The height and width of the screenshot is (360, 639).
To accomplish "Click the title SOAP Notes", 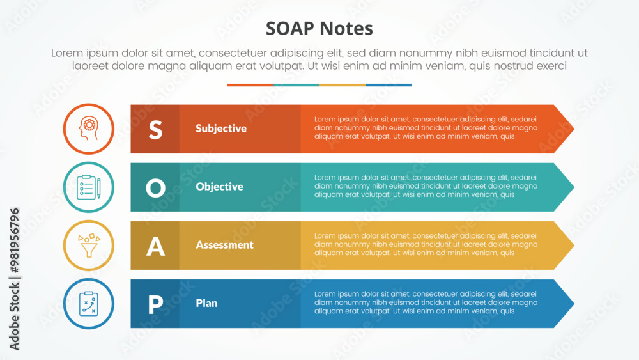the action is point(319,29).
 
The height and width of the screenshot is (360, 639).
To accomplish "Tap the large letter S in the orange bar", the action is point(155,130).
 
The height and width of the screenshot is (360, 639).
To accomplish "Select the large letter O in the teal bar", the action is point(155,189).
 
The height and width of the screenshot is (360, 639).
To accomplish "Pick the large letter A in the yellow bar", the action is point(155,247).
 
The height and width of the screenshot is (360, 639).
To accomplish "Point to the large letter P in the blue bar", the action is point(155,304).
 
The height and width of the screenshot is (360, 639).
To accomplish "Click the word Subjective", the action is point(221,129).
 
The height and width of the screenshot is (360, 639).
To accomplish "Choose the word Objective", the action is point(219,187).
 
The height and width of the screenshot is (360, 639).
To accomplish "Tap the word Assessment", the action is point(224,245).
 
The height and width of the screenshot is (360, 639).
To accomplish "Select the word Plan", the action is point(206,303).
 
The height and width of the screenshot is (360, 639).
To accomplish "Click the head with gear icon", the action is point(88,129).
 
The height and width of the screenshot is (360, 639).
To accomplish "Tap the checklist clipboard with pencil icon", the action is point(88,187).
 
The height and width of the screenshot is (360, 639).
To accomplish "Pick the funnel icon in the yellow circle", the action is point(89,246).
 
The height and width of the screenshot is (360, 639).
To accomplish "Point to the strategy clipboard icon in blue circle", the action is point(88,304).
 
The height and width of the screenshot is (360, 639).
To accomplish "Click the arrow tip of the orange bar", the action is point(574,129).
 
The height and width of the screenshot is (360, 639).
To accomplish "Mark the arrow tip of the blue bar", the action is point(574,304).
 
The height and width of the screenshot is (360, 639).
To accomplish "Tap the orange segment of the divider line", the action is point(250,85).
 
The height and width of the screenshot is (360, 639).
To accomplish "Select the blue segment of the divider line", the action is point(389,85).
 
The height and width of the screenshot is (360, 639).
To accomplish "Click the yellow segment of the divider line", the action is point(343,85).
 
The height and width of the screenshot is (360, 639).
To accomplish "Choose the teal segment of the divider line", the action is point(296,85).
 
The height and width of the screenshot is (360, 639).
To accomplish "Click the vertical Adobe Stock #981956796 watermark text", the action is point(14,279).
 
